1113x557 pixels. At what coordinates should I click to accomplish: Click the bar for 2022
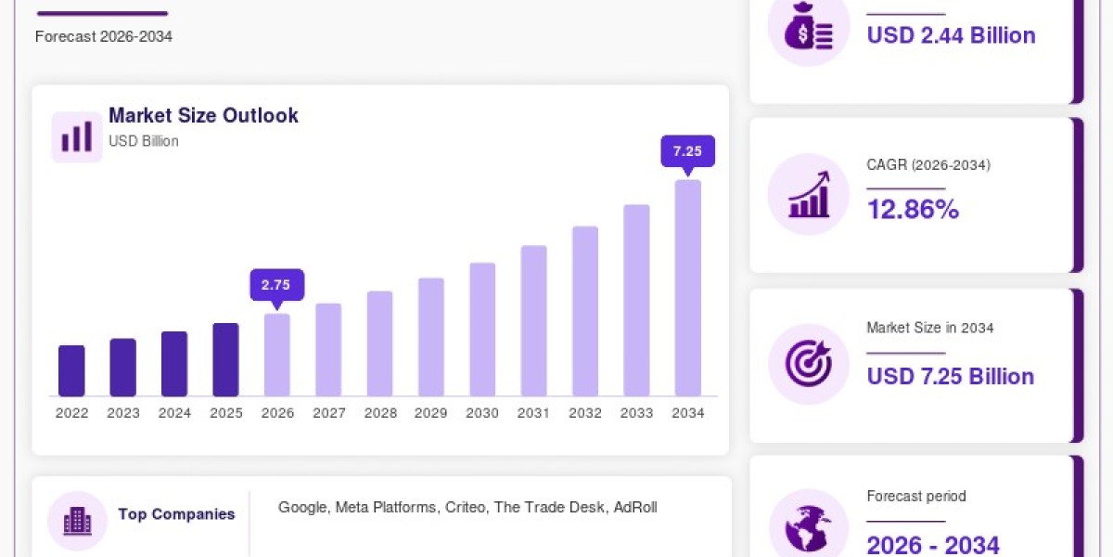click(71, 370)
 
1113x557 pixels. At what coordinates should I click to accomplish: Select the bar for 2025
click(226, 359)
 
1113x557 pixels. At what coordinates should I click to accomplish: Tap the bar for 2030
click(482, 330)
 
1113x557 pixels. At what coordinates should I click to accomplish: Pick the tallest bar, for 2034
click(688, 288)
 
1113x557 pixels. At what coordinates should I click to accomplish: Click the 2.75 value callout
click(276, 286)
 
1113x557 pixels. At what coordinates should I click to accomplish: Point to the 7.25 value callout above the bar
click(687, 151)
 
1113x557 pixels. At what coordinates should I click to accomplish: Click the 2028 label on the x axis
click(380, 413)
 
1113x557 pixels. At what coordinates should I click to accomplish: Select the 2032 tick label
click(585, 413)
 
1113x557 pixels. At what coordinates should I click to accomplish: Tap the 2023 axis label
click(123, 413)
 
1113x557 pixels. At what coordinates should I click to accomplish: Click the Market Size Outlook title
click(203, 115)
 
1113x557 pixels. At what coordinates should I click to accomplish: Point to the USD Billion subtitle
click(144, 141)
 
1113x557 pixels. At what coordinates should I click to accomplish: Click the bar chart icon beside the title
click(77, 136)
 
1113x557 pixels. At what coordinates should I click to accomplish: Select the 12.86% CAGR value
click(913, 209)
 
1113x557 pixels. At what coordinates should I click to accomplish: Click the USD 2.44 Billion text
click(951, 35)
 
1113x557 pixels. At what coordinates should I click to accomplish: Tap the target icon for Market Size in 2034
click(809, 364)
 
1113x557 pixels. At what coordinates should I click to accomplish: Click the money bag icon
click(809, 27)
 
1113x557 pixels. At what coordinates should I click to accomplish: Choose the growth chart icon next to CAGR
click(809, 194)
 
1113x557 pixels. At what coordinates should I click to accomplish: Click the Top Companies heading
click(176, 513)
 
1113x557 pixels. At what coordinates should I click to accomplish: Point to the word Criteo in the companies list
click(465, 507)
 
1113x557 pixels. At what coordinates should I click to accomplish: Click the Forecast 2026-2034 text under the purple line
click(104, 36)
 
